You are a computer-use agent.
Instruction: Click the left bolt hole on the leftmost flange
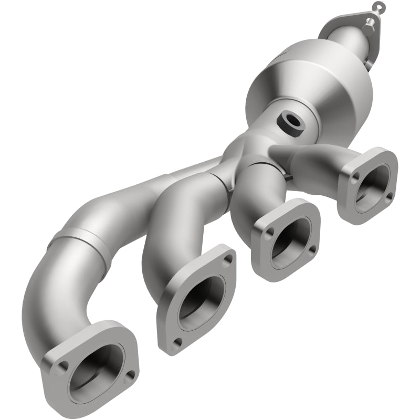pyautogui.click(x=62, y=366)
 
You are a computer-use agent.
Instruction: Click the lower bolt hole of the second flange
pyautogui.click(x=177, y=342)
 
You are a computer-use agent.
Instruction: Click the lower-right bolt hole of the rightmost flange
pyautogui.click(x=388, y=196)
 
